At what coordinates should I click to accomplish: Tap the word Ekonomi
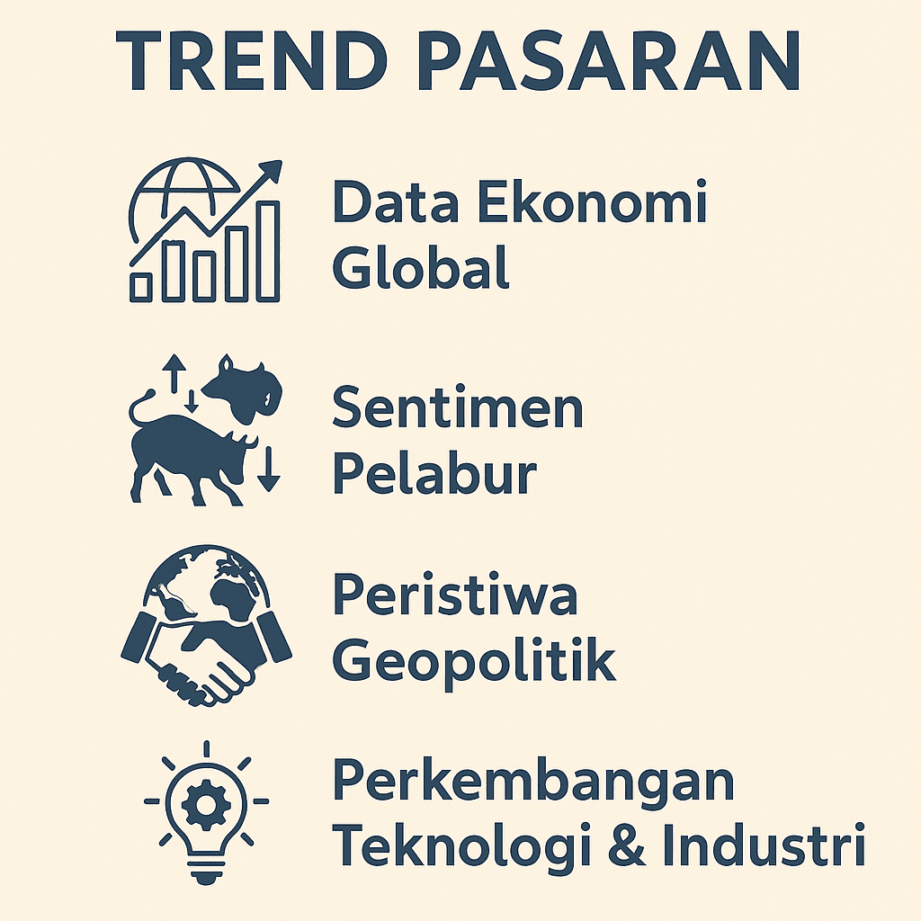pos(592,203)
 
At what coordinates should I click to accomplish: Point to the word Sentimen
pos(458,408)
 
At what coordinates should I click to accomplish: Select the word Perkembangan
pos(533,782)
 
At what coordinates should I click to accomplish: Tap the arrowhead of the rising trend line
pos(272,170)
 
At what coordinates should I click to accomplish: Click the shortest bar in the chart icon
pos(141,286)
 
